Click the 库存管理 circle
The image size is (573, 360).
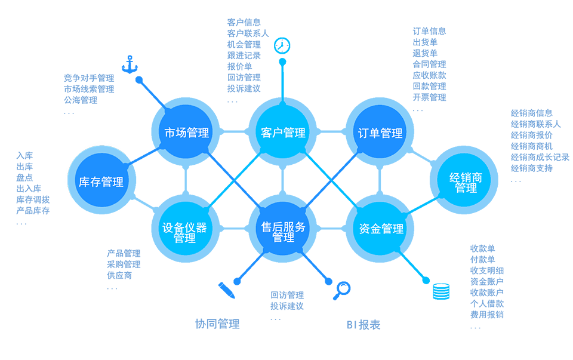101,181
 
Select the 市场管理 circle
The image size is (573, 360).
187,132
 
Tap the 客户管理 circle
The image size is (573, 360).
284,132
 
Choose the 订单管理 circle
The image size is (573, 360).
380,132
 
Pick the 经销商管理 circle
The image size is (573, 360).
466,181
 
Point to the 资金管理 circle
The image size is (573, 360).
380,229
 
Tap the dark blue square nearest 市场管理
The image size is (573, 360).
221,167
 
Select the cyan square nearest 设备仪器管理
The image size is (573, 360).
221,192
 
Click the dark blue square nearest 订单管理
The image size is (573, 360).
343,167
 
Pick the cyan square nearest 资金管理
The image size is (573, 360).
343,192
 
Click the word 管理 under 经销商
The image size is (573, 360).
466,188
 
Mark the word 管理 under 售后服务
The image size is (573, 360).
284,238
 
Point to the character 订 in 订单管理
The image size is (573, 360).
363,133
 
